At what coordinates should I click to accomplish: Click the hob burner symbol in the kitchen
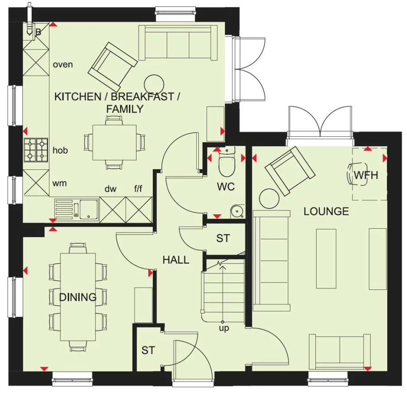pos(36,150)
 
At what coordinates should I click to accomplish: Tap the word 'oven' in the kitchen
pos(62,64)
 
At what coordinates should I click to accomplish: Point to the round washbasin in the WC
pos(236,211)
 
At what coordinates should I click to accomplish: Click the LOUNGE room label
pos(326,211)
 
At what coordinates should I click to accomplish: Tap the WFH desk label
pos(365,175)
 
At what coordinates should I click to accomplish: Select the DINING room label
pos(78,297)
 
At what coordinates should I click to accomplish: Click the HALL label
pos(176,260)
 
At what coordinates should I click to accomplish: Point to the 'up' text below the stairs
pos(224,328)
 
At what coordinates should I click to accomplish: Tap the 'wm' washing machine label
pos(59,183)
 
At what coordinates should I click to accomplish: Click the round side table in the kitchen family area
pos(154,84)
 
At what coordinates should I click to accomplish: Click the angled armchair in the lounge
pos(290,170)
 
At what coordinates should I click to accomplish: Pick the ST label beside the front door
pos(148,350)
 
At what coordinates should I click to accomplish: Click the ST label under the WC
pos(223,238)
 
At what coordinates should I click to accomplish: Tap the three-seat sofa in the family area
pos(177,43)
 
